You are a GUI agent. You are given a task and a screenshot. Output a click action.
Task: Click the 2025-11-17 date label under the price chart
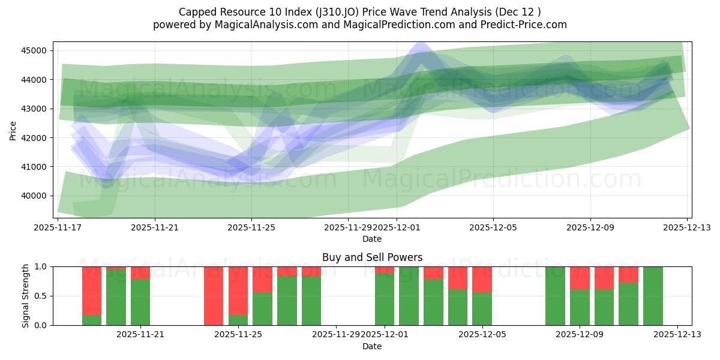pyautogui.click(x=58, y=228)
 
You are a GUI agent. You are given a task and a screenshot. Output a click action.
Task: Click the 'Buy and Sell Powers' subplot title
pyautogui.click(x=372, y=257)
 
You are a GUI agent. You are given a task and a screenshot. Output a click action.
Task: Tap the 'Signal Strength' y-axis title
pyautogui.click(x=26, y=296)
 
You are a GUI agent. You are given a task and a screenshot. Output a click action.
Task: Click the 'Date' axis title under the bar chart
pyautogui.click(x=372, y=346)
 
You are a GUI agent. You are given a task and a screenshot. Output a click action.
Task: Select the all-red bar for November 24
pyautogui.click(x=214, y=296)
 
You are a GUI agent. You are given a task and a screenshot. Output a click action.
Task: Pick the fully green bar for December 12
pyautogui.click(x=653, y=296)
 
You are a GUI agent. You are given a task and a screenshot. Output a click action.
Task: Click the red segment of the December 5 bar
pyautogui.click(x=482, y=279)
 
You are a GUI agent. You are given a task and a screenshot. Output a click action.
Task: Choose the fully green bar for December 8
pyautogui.click(x=555, y=296)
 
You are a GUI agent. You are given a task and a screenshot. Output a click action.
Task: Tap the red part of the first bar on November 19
pyautogui.click(x=92, y=290)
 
